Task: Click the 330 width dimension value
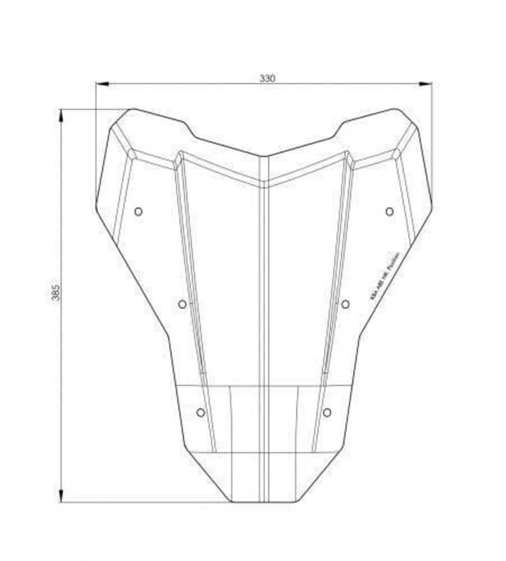(267, 78)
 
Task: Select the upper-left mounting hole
(138, 211)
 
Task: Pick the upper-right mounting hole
(389, 211)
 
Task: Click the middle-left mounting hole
(182, 304)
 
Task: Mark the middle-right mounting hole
(345, 304)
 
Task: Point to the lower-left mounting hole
(200, 413)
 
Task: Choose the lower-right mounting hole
(327, 413)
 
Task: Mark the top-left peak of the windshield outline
(133, 109)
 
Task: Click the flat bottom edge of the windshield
(263, 502)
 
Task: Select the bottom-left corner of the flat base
(232, 501)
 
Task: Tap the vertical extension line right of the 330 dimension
(432, 147)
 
